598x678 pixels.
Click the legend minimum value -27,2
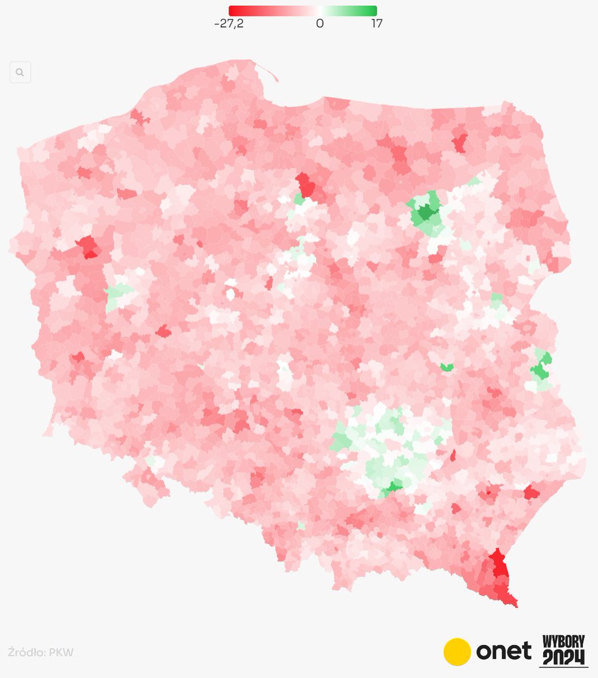pos(228,24)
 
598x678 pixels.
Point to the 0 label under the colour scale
pos(320,24)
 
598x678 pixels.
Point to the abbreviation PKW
pos(62,653)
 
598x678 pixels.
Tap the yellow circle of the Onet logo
pos(457,651)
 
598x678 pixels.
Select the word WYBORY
pos(564,642)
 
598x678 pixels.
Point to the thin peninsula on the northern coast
pos(268,73)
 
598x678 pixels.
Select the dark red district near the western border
pos(88,247)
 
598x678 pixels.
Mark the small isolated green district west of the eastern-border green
pos(447,367)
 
